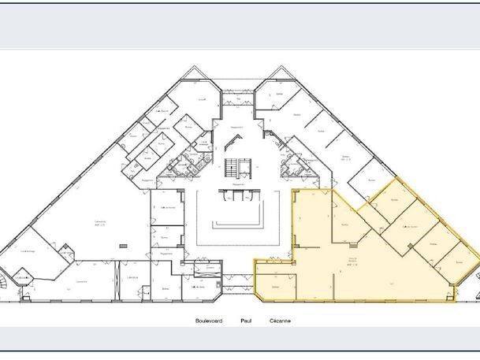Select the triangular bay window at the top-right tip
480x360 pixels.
coord(273,75)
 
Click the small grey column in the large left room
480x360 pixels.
coord(121,247)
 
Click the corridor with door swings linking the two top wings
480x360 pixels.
coord(234,100)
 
